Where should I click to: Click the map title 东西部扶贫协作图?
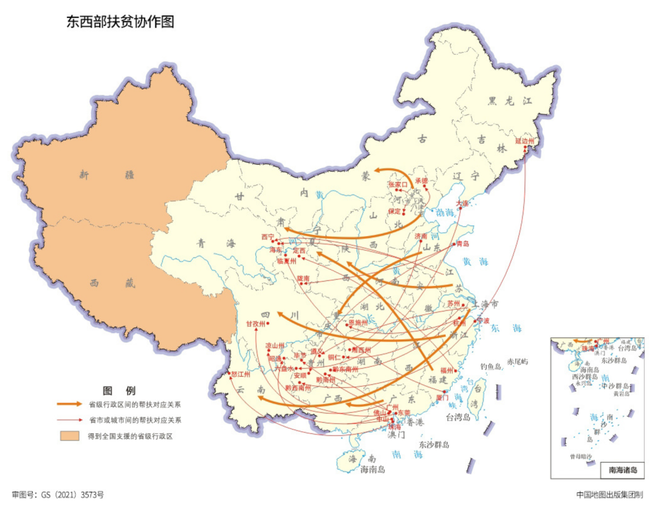click(x=121, y=22)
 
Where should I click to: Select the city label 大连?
click(x=462, y=202)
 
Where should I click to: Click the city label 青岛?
click(x=463, y=244)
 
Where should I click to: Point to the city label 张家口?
click(x=397, y=184)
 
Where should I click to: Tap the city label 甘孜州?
click(x=255, y=323)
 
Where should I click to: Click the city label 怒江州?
click(x=240, y=374)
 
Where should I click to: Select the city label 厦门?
click(x=442, y=398)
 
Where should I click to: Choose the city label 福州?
click(x=446, y=371)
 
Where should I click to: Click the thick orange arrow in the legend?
click(x=69, y=404)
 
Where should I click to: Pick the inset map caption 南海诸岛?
click(x=622, y=471)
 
